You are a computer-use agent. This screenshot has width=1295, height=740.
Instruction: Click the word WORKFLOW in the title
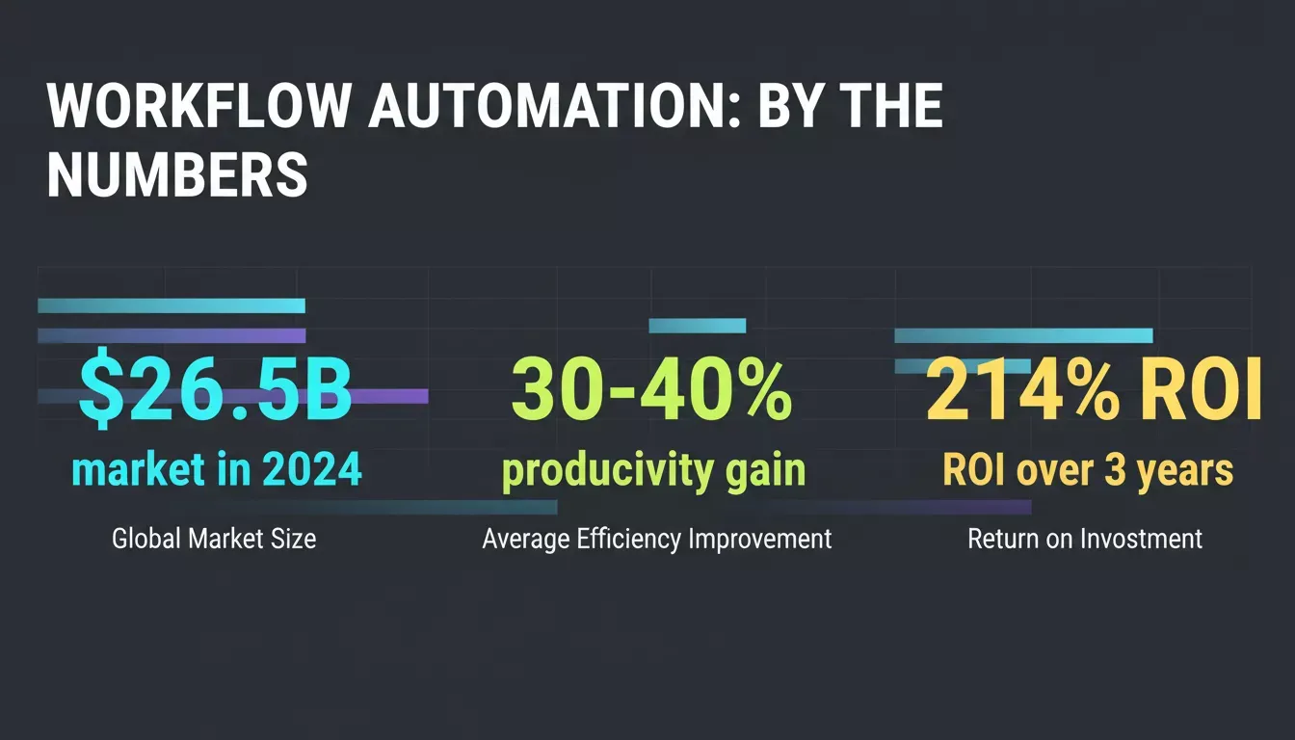198,106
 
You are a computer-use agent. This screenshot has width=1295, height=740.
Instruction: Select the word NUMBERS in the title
177,174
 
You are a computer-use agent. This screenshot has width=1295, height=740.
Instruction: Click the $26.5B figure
215,388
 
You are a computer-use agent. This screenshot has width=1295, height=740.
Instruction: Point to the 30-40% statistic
651,389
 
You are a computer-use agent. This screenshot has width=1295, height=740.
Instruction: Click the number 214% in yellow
1022,389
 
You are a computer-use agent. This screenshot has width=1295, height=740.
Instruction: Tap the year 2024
311,469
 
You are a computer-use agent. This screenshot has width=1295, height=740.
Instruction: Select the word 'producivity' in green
607,472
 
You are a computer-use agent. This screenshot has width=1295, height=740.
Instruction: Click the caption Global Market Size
214,539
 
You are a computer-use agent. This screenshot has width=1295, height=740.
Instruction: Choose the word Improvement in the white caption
759,540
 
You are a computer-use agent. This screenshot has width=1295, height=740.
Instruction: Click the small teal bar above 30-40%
698,326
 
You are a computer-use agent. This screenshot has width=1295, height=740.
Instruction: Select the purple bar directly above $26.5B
172,336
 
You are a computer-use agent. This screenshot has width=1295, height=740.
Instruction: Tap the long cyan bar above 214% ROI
1023,336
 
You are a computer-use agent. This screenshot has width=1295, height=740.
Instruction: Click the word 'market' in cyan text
138,469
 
